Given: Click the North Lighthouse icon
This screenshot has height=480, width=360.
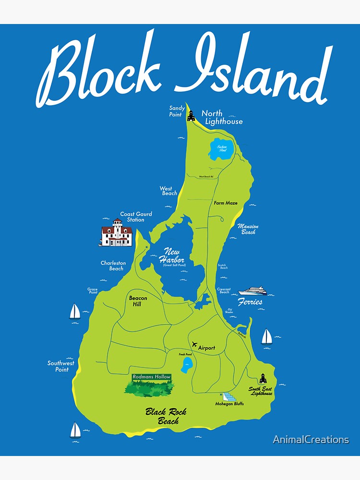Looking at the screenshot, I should tap(191, 116).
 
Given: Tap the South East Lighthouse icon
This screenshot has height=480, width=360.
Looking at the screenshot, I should tap(263, 378).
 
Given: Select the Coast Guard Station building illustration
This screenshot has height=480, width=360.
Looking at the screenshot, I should tap(116, 234).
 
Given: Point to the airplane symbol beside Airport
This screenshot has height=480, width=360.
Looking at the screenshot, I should tap(194, 345).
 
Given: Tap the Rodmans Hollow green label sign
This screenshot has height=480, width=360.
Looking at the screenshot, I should tap(151, 377).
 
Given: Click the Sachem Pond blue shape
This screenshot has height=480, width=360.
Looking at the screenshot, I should tap(222, 149).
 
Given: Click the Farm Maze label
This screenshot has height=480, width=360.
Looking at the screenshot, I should tap(226, 203).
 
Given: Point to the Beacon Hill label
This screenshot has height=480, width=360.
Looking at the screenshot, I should tap(138, 301).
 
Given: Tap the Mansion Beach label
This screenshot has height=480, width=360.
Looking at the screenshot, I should tap(248, 229).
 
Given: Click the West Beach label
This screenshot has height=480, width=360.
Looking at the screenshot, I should tap(169, 191).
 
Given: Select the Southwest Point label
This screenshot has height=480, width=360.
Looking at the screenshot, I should tap(61, 366).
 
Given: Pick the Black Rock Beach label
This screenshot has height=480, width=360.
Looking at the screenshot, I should tap(166, 416).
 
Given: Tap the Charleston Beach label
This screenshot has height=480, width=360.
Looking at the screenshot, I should tap(113, 265).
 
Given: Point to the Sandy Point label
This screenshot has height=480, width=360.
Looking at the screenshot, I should tap(177, 111).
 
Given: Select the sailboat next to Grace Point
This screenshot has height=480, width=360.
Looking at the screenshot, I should tap(75, 312).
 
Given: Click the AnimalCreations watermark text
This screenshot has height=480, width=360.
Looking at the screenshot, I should tap(311, 439).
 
